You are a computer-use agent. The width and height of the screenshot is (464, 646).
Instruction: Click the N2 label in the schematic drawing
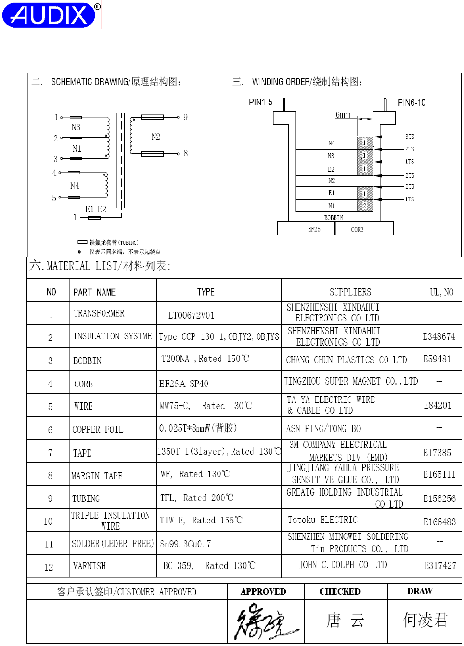(155, 137)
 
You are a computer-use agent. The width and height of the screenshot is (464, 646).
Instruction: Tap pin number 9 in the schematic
(185, 117)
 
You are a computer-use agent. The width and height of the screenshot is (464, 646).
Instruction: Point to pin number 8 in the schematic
(185, 153)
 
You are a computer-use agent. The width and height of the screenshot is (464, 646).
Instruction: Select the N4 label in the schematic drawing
(75, 186)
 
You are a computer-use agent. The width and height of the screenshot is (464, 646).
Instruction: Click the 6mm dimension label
(343, 115)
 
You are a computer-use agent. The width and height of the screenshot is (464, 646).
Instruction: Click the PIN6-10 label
(411, 102)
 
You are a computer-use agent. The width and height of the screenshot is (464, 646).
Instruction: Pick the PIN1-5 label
(260, 102)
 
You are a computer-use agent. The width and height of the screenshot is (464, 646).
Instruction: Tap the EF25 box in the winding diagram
(314, 229)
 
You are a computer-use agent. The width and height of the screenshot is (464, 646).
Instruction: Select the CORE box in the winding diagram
(357, 229)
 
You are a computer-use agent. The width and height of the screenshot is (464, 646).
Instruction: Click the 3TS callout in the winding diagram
(410, 137)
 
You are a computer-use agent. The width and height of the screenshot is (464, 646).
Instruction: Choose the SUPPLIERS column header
(350, 292)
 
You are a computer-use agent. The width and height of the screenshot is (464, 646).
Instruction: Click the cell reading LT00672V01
(191, 315)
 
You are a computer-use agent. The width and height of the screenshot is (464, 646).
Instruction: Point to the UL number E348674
(439, 336)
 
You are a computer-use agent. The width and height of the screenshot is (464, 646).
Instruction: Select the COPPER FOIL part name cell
(98, 429)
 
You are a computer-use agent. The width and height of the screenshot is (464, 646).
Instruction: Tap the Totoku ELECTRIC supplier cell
(322, 520)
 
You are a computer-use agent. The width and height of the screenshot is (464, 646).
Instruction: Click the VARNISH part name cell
(90, 566)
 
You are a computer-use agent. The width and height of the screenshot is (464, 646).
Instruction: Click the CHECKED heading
(340, 592)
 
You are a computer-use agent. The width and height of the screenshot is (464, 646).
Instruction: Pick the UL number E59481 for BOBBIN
(437, 359)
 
